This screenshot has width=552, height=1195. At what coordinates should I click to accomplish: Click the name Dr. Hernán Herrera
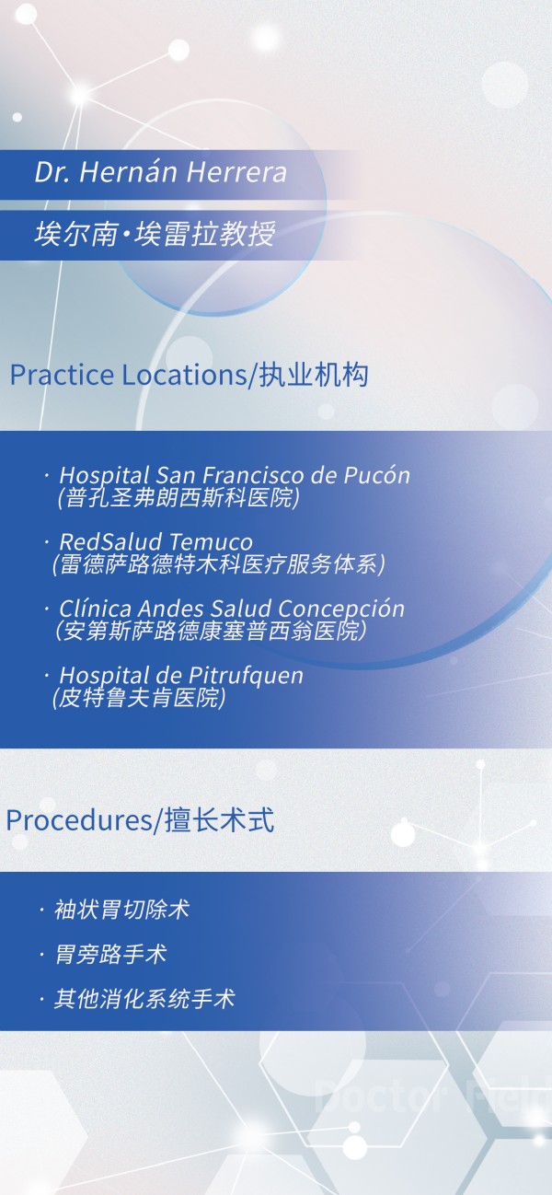160,172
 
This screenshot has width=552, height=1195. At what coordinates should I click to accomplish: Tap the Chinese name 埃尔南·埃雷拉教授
155,235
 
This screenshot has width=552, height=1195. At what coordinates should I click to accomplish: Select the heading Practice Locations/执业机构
189,376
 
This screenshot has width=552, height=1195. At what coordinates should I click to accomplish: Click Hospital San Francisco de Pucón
235,475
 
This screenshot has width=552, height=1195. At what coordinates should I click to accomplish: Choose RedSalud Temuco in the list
155,541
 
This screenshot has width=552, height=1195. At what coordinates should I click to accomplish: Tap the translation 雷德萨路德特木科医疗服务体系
218,563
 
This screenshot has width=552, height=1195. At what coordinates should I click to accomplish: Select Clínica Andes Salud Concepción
232,609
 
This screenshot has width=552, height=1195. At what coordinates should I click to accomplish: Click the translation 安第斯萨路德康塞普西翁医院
211,631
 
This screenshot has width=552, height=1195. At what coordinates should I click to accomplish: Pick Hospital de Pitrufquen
181,675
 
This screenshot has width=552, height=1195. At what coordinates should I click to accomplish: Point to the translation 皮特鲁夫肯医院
139,698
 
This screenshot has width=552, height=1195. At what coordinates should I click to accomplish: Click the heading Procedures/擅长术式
140,820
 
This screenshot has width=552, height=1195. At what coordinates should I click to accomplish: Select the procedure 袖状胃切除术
122,910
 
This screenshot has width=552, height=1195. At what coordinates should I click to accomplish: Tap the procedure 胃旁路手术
110,954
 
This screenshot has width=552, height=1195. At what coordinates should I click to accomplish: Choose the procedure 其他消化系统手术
144,998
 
